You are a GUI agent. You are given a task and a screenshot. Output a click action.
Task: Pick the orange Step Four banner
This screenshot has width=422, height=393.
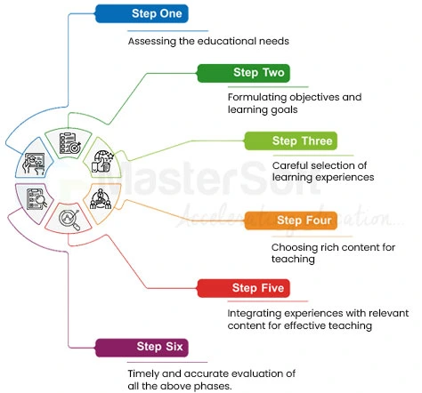tap(302, 220)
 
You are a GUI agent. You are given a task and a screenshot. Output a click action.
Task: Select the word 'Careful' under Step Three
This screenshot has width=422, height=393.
tap(292, 164)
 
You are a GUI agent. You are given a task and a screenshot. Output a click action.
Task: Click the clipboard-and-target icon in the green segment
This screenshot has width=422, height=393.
tap(69, 141)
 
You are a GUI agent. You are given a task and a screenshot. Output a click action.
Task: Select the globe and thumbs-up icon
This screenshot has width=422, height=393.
tap(103, 162)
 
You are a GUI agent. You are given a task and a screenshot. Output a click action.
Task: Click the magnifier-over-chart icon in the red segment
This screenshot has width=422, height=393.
tap(69, 218)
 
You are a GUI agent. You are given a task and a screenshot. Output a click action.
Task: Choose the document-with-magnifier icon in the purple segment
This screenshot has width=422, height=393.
tap(37, 199)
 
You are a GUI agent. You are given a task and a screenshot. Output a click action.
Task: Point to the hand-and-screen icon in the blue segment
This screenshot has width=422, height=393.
tap(37, 162)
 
